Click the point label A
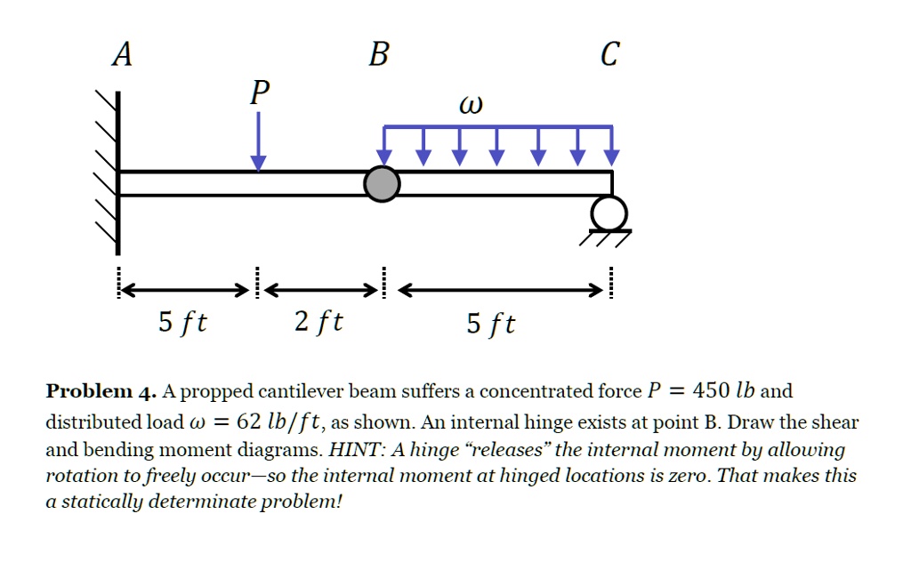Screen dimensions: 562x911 pyautogui.click(x=122, y=55)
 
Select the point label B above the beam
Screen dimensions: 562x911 pyautogui.click(x=378, y=55)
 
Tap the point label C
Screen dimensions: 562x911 pyautogui.click(x=609, y=55)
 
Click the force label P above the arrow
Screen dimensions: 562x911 pyautogui.click(x=259, y=92)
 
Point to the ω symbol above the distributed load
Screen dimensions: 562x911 pyautogui.click(x=471, y=106)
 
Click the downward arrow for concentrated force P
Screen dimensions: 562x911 pyautogui.click(x=258, y=142)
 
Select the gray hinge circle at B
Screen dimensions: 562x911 pyautogui.click(x=383, y=184)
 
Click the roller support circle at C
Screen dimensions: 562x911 pyautogui.click(x=611, y=213)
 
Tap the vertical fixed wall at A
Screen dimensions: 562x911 pyautogui.click(x=117, y=173)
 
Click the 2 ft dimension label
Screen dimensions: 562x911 pyautogui.click(x=318, y=321)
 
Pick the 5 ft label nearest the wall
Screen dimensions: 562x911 pyautogui.click(x=182, y=321)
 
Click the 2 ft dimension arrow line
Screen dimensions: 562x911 pyautogui.click(x=319, y=290)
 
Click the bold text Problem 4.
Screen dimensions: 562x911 pyautogui.click(x=101, y=391)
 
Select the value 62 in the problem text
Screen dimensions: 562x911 pyautogui.click(x=241, y=421)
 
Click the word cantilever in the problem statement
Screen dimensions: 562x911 pyautogui.click(x=299, y=391)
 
